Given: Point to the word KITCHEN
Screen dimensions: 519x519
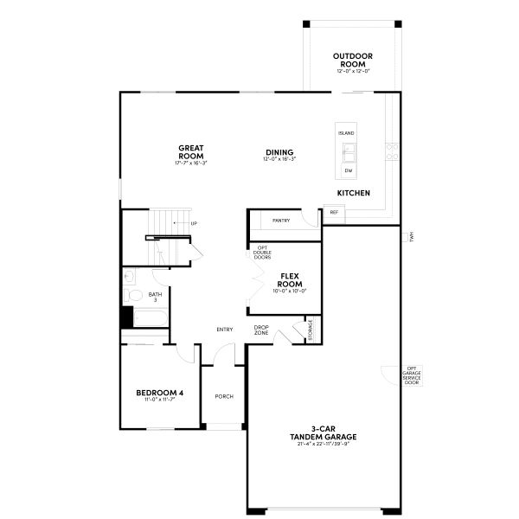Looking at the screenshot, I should coord(354,192).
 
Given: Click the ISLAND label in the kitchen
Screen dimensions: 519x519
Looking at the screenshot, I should coord(346,134).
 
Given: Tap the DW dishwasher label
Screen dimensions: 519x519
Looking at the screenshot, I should coord(347,170).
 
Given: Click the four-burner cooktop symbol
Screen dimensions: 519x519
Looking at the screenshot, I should coord(392,152).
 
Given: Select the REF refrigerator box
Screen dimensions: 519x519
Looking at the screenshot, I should coord(334,212).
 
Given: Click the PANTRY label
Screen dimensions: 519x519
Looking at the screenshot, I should coord(281,221).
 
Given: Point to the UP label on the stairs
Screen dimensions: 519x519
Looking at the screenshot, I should coord(193,224).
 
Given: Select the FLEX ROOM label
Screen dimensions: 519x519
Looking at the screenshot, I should coord(290,280).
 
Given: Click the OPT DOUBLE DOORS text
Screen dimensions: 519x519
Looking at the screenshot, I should coord(263,252).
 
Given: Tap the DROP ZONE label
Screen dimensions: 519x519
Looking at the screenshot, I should coord(261,330).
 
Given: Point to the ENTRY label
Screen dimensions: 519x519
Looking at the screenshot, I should coord(225,329).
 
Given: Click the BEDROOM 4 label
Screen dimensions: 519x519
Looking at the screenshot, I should coord(160,395).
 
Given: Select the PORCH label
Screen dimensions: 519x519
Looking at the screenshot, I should coord(224,396).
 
